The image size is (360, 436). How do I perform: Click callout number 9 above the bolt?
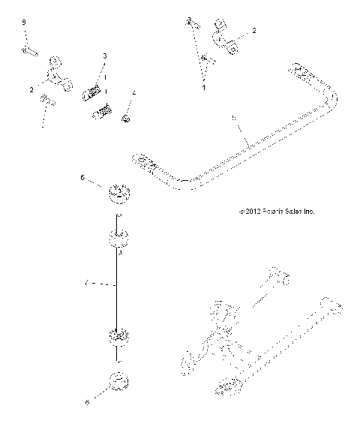24,25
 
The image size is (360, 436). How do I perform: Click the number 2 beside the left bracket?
32,89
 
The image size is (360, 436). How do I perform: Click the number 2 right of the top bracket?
253,31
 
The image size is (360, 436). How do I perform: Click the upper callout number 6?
83,178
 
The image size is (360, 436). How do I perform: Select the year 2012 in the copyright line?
249,212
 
